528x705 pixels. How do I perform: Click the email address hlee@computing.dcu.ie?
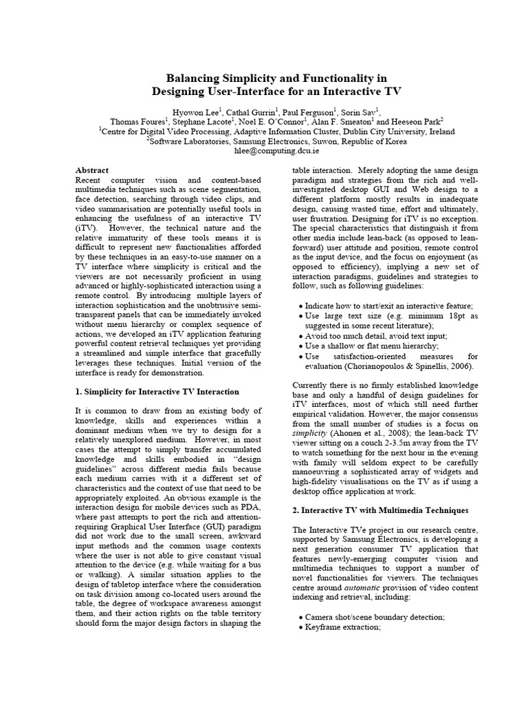pos(263,151)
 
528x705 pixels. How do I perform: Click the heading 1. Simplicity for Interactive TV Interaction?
pos(156,392)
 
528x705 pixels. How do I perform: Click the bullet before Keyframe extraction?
pos(300,628)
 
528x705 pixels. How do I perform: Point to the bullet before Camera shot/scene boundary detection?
pos(300,617)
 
